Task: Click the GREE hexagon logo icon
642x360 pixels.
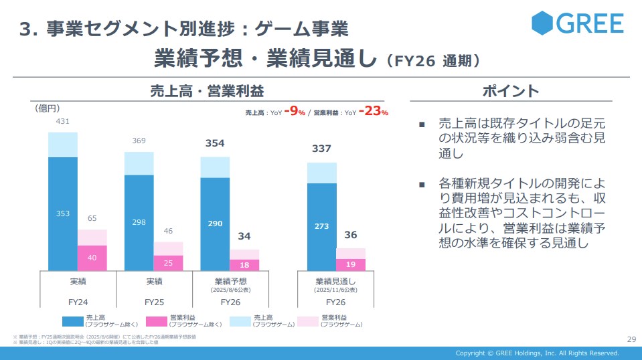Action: [543, 23]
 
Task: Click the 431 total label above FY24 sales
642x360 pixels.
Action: [62, 122]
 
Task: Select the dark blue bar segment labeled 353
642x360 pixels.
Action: [62, 213]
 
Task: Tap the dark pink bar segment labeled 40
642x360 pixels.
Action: [92, 258]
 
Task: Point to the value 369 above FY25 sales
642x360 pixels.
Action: [139, 141]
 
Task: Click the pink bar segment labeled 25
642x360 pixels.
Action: [168, 263]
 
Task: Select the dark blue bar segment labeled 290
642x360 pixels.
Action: [215, 224]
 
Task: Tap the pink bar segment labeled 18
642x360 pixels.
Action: [244, 265]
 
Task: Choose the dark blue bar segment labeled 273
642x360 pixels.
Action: [321, 227]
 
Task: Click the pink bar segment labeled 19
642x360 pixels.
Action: [351, 264]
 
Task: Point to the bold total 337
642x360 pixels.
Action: [321, 149]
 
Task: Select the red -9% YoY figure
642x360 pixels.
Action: [295, 112]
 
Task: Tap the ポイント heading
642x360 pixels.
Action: [510, 91]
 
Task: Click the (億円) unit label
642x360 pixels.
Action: [48, 107]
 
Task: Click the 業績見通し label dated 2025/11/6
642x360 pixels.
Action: [335, 281]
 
